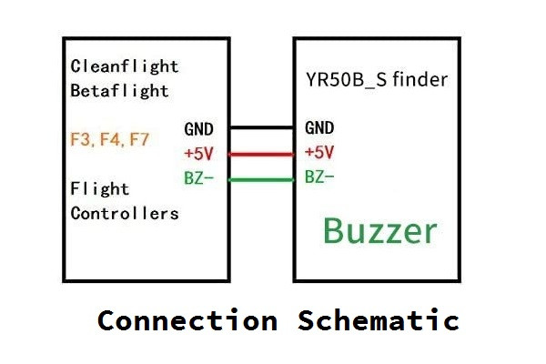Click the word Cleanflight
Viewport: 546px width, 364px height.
coord(125,66)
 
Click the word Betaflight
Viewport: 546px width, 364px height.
coord(119,90)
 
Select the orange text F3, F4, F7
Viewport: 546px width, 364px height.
coord(110,141)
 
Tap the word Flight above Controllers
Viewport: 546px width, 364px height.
coord(100,189)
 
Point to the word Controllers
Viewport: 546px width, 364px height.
coord(125,214)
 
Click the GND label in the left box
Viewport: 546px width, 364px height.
coord(199,129)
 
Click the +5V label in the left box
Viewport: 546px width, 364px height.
coord(199,153)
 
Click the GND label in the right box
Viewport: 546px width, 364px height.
coord(319,128)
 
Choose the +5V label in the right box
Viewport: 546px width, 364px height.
coord(319,152)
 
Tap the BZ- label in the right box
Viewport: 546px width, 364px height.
coord(319,177)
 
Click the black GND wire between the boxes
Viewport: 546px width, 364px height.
coord(260,127)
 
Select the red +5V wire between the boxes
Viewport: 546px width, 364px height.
coord(260,154)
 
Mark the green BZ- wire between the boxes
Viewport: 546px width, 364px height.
coord(260,179)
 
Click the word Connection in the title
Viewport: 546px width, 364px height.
coord(187,320)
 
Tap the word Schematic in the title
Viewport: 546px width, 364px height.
coord(379,320)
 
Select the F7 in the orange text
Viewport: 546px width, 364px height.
coord(139,141)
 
